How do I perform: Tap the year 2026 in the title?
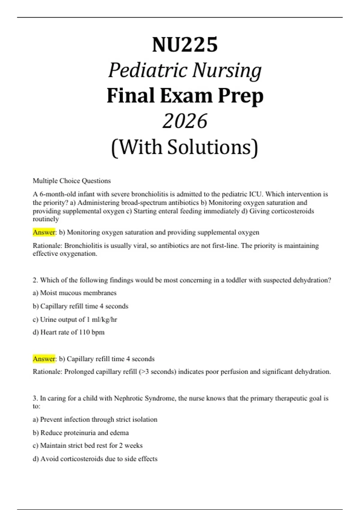tap(185, 121)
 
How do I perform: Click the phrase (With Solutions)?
tap(184, 147)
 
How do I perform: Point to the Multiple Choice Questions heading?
tap(72, 181)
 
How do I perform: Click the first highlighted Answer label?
tap(44, 232)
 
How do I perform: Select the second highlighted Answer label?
tap(44, 359)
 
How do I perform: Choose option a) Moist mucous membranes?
tap(74, 293)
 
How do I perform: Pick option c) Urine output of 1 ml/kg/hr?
tap(75, 319)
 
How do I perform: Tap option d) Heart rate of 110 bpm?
tap(68, 332)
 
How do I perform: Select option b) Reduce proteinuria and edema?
tap(81, 433)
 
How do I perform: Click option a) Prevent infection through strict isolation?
tap(95, 419)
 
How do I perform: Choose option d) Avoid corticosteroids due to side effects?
tap(95, 459)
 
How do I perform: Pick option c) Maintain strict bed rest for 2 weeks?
tap(88, 445)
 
